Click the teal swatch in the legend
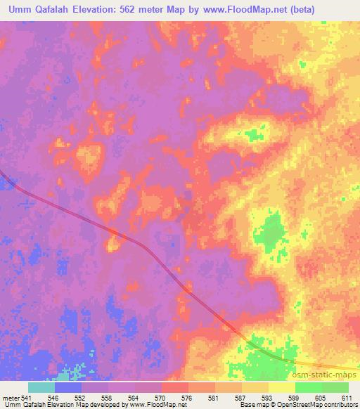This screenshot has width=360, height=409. pyautogui.click(x=41, y=387)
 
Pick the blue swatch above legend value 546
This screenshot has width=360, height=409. pyautogui.click(x=68, y=387)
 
